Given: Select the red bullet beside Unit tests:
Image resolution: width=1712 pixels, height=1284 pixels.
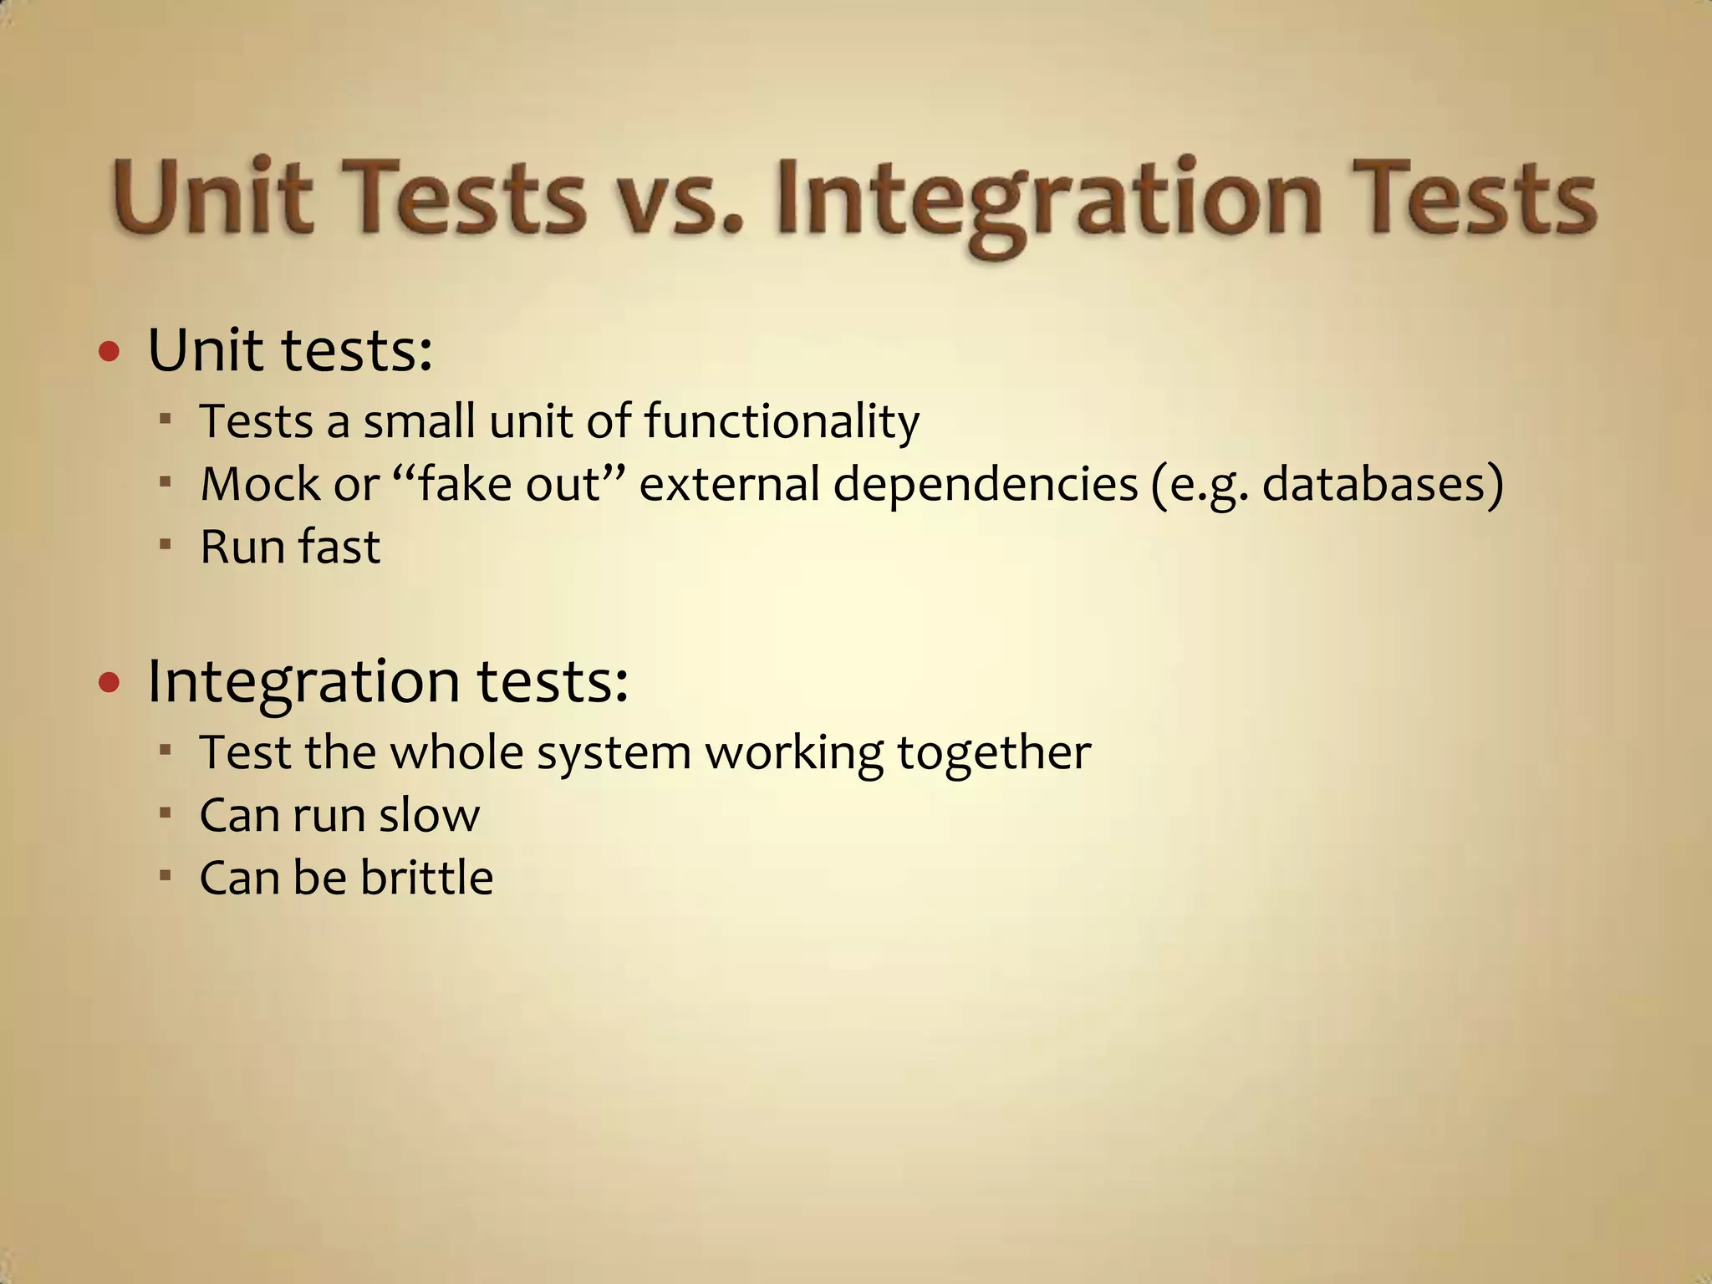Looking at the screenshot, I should [109, 352].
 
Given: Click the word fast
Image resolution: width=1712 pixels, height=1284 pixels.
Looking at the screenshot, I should [339, 547].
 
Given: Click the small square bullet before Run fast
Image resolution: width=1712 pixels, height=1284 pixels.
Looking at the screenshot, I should [165, 544].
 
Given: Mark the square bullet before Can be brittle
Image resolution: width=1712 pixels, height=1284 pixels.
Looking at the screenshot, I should [165, 875].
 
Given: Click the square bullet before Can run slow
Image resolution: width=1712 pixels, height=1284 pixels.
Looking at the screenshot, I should [165, 813].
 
